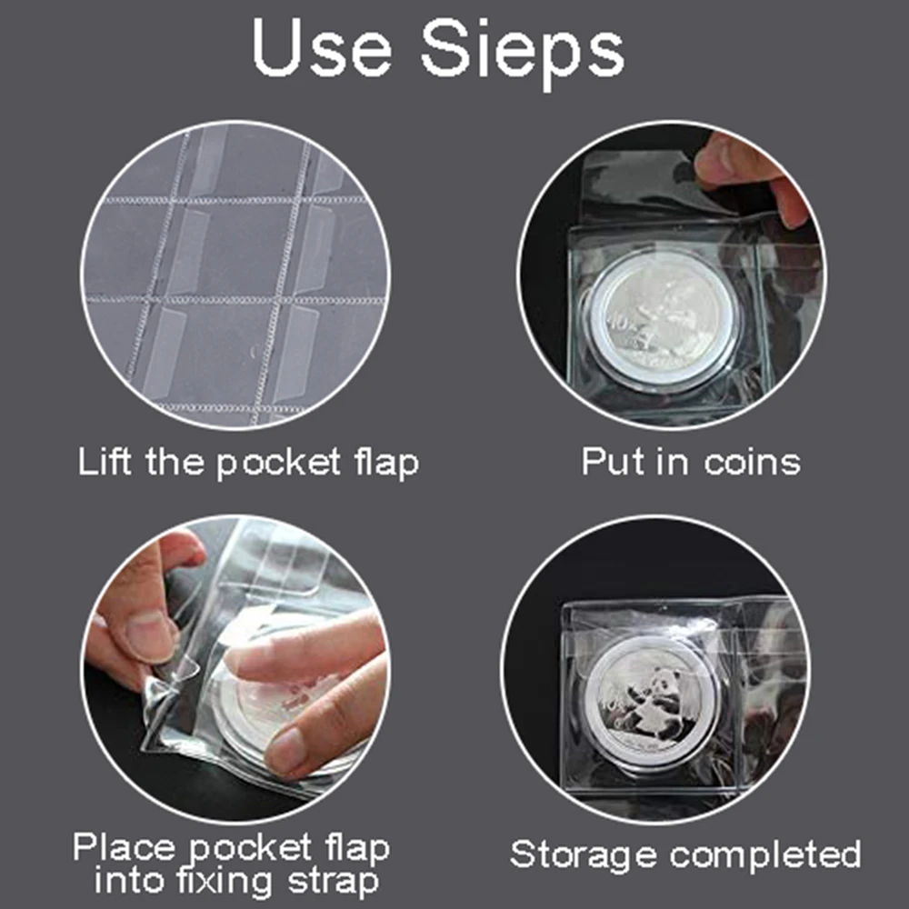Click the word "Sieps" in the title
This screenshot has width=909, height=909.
point(524,50)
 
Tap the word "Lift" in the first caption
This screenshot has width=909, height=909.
point(106,463)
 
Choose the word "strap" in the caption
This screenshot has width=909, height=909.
point(334,883)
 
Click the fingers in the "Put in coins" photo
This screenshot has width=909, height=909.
point(745,168)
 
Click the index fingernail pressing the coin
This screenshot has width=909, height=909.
point(288,747)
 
